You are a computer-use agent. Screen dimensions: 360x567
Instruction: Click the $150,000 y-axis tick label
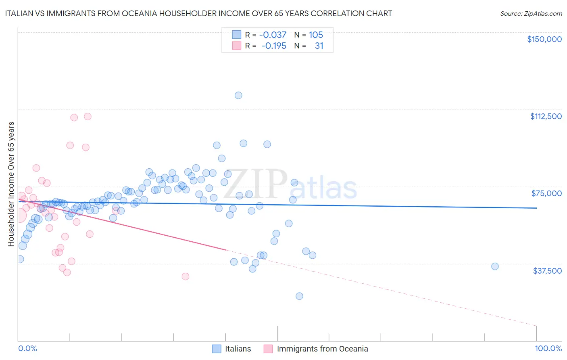click(544, 39)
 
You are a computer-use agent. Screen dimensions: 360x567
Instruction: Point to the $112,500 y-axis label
click(546, 116)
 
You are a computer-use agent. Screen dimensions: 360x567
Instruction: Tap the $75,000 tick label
click(546, 193)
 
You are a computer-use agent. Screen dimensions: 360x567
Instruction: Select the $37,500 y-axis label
click(547, 271)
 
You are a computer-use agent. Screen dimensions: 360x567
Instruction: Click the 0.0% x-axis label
click(27, 348)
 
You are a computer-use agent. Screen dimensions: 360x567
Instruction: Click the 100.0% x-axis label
click(548, 348)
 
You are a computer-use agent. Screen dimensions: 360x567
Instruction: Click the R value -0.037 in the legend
click(273, 35)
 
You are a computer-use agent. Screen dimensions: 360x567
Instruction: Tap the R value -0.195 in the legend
click(273, 46)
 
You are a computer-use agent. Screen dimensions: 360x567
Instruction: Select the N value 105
click(316, 35)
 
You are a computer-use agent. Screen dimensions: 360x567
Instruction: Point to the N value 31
click(319, 46)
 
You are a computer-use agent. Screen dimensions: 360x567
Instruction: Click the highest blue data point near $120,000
click(238, 95)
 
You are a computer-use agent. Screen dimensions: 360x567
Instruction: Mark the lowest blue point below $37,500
click(299, 296)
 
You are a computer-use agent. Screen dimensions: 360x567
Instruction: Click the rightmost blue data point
click(495, 266)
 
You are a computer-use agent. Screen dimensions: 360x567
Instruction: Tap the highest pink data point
click(88, 116)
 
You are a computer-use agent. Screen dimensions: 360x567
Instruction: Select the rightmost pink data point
click(186, 276)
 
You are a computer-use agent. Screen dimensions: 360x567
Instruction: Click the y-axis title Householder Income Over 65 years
click(11, 184)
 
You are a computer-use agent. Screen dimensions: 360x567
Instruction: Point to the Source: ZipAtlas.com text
click(531, 14)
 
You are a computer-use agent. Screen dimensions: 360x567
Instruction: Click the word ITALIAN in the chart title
click(18, 14)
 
